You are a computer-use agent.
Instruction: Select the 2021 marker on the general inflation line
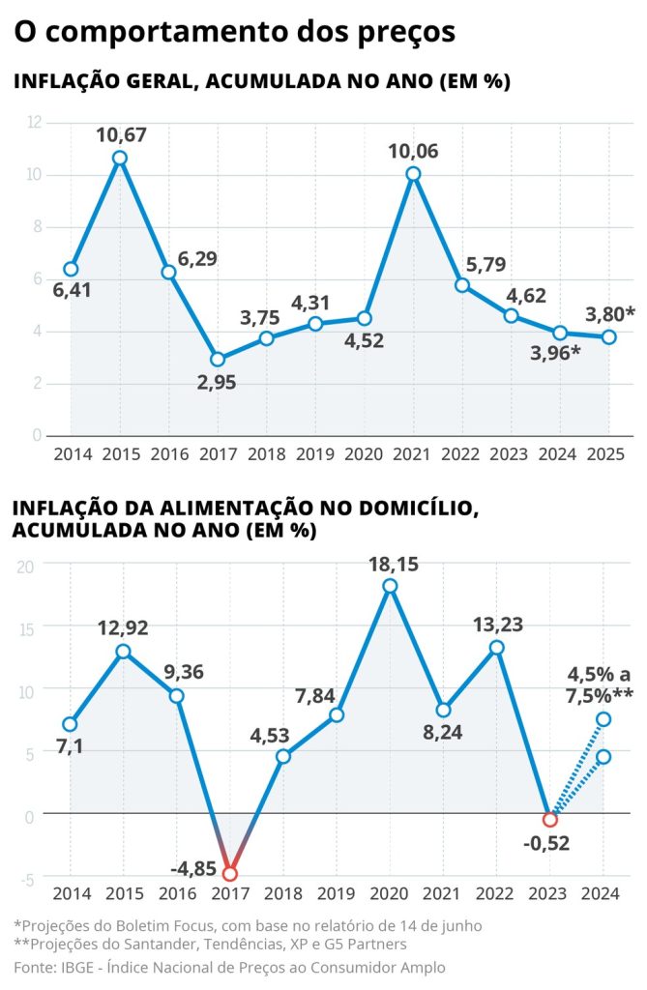pyautogui.click(x=413, y=174)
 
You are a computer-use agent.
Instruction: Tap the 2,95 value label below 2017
pyautogui.click(x=218, y=383)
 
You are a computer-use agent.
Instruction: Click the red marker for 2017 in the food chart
pyautogui.click(x=229, y=873)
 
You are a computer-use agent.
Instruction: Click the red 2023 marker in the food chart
pyautogui.click(x=550, y=819)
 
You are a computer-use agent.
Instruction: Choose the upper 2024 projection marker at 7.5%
pyautogui.click(x=603, y=718)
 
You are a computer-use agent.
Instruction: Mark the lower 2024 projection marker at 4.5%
pyautogui.click(x=603, y=756)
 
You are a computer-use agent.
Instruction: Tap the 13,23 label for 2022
pyautogui.click(x=496, y=625)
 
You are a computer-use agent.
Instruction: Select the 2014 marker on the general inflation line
pyautogui.click(x=71, y=269)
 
